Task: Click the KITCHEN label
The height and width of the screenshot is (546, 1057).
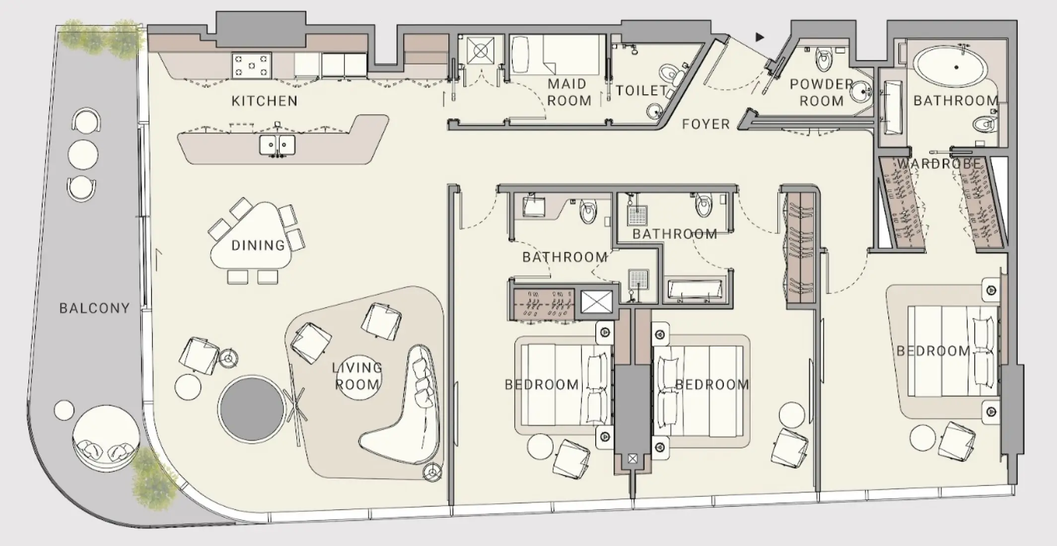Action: point(264,101)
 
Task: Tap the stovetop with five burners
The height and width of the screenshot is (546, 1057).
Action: point(251,66)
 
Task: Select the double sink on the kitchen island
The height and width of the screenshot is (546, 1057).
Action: point(277,145)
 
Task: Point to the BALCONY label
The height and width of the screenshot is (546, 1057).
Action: point(94,308)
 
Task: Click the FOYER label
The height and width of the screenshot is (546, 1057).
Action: point(705,124)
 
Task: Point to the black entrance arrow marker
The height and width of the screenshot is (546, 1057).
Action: point(760,37)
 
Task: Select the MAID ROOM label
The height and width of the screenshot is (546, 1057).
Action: point(568,92)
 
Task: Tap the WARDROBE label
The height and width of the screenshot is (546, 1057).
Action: point(939,164)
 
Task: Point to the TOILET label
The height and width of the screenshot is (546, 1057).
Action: point(641,90)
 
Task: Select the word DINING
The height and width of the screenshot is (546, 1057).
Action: point(258,245)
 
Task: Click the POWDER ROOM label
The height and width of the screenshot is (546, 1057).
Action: point(821,92)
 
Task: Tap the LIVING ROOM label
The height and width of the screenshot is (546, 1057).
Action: point(357,376)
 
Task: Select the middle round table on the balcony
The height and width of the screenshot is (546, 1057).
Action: point(83,154)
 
